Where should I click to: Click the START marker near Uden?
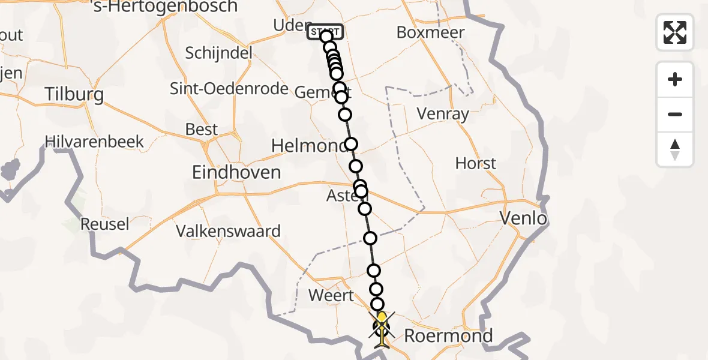point(325,32)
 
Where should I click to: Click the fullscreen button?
point(675,32)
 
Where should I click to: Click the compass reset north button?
point(675,150)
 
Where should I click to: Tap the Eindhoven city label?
point(236,173)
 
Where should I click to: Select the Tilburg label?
point(75,95)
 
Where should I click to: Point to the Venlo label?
point(524,218)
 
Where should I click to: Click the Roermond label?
point(448,335)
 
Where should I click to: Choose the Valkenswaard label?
point(228,231)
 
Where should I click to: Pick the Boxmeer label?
point(430,32)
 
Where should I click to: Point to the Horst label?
point(476,163)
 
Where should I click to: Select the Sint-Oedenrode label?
point(229,89)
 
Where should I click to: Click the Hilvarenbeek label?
point(95,142)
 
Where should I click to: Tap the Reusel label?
point(104,224)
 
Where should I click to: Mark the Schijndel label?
point(218,53)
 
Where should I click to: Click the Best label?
point(202,130)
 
